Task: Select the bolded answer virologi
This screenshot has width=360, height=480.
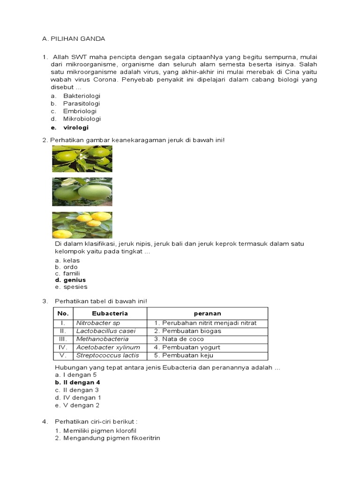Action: pos(75,127)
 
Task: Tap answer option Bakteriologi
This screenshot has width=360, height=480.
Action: pos(82,96)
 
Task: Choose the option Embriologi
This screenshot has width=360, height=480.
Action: pos(80,112)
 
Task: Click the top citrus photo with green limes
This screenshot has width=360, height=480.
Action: pos(82,158)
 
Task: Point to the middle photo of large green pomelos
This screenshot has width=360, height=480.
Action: pos(82,192)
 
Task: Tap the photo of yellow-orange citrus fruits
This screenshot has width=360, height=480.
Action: pos(82,225)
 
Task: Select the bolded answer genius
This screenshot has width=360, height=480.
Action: pos(75,280)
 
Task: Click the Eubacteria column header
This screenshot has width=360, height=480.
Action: pos(110,313)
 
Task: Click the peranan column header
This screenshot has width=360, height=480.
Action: pos(207,313)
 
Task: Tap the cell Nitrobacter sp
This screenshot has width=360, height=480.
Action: pos(98,323)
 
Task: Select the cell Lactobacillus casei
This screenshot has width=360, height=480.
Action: pos(105,331)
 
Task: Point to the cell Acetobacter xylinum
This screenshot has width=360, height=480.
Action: pos(108,347)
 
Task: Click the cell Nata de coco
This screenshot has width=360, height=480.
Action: pos(183,339)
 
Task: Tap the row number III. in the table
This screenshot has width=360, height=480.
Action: pos(63,339)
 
